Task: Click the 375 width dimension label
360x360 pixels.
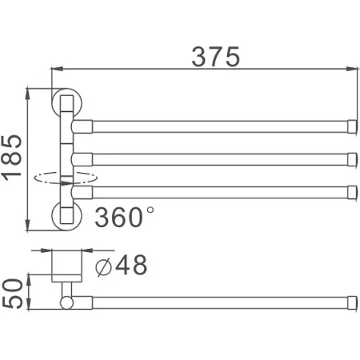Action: point(215,55)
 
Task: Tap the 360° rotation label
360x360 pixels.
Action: point(125,217)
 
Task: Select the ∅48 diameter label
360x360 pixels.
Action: point(121,265)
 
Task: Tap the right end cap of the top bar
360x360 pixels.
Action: point(351,126)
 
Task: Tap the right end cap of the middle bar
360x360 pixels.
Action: point(351,157)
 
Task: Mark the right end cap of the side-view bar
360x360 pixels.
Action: point(351,302)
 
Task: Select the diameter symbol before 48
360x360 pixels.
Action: point(104,266)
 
